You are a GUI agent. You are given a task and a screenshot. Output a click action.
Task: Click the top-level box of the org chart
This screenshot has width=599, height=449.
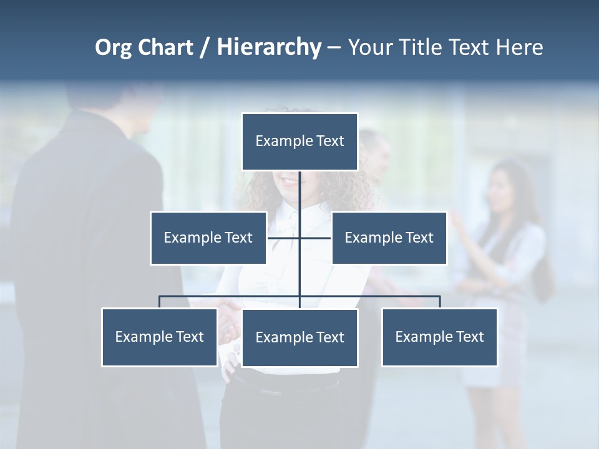click(x=299, y=141)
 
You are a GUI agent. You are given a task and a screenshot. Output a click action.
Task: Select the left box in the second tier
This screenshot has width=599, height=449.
click(x=208, y=238)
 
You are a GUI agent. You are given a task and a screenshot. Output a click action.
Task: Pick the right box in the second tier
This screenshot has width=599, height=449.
click(x=389, y=238)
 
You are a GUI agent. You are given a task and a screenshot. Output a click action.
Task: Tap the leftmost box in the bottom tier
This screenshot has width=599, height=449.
click(x=159, y=337)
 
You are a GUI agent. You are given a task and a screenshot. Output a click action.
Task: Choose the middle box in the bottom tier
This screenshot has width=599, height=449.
click(x=299, y=337)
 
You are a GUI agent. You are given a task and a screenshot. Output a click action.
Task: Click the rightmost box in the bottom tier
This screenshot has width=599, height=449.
click(x=440, y=337)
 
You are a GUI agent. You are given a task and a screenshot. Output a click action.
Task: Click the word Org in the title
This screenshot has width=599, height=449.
click(x=113, y=47)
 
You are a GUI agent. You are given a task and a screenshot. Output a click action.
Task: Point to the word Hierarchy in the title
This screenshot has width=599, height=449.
click(x=269, y=47)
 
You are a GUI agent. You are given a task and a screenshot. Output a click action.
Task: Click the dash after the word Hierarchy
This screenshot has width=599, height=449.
click(x=334, y=47)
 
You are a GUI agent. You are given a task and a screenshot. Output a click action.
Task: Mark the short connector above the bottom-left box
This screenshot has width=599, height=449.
click(x=159, y=302)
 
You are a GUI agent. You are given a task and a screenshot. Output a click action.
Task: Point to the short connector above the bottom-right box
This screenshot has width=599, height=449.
click(x=440, y=302)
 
